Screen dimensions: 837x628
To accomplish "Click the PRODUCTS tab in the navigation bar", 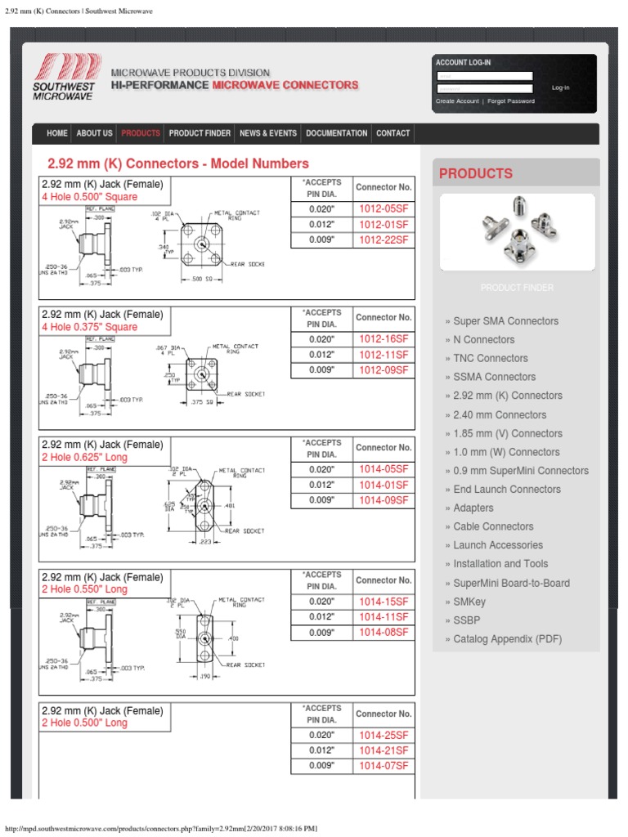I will (x=141, y=133).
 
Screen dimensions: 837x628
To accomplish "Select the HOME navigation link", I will (x=57, y=133).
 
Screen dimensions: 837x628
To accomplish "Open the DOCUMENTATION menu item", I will (x=336, y=133).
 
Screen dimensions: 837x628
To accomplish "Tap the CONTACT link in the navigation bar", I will (x=392, y=133).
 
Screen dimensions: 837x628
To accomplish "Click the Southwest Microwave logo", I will (x=65, y=77).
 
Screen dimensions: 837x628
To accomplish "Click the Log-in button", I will (x=560, y=87).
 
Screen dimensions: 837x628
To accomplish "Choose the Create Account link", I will (x=457, y=101).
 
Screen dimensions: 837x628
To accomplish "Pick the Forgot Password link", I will (x=511, y=101).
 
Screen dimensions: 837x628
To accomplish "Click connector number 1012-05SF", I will (x=384, y=209).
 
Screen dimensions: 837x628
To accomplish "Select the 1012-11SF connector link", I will (x=384, y=355).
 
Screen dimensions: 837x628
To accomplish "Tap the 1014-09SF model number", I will (x=384, y=500).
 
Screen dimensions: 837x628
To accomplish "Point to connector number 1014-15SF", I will (x=384, y=602).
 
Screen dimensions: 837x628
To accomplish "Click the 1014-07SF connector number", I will (x=384, y=766).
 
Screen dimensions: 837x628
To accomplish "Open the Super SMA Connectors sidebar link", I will (x=505, y=321).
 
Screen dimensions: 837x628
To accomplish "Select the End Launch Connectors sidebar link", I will (x=507, y=490).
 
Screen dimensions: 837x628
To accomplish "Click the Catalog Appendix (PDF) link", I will (x=507, y=639).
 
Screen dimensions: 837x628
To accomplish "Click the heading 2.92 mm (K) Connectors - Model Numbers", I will (x=178, y=163).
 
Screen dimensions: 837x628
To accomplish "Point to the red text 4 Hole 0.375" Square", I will (x=90, y=327).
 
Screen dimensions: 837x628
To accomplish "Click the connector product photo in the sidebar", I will (x=517, y=231).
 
